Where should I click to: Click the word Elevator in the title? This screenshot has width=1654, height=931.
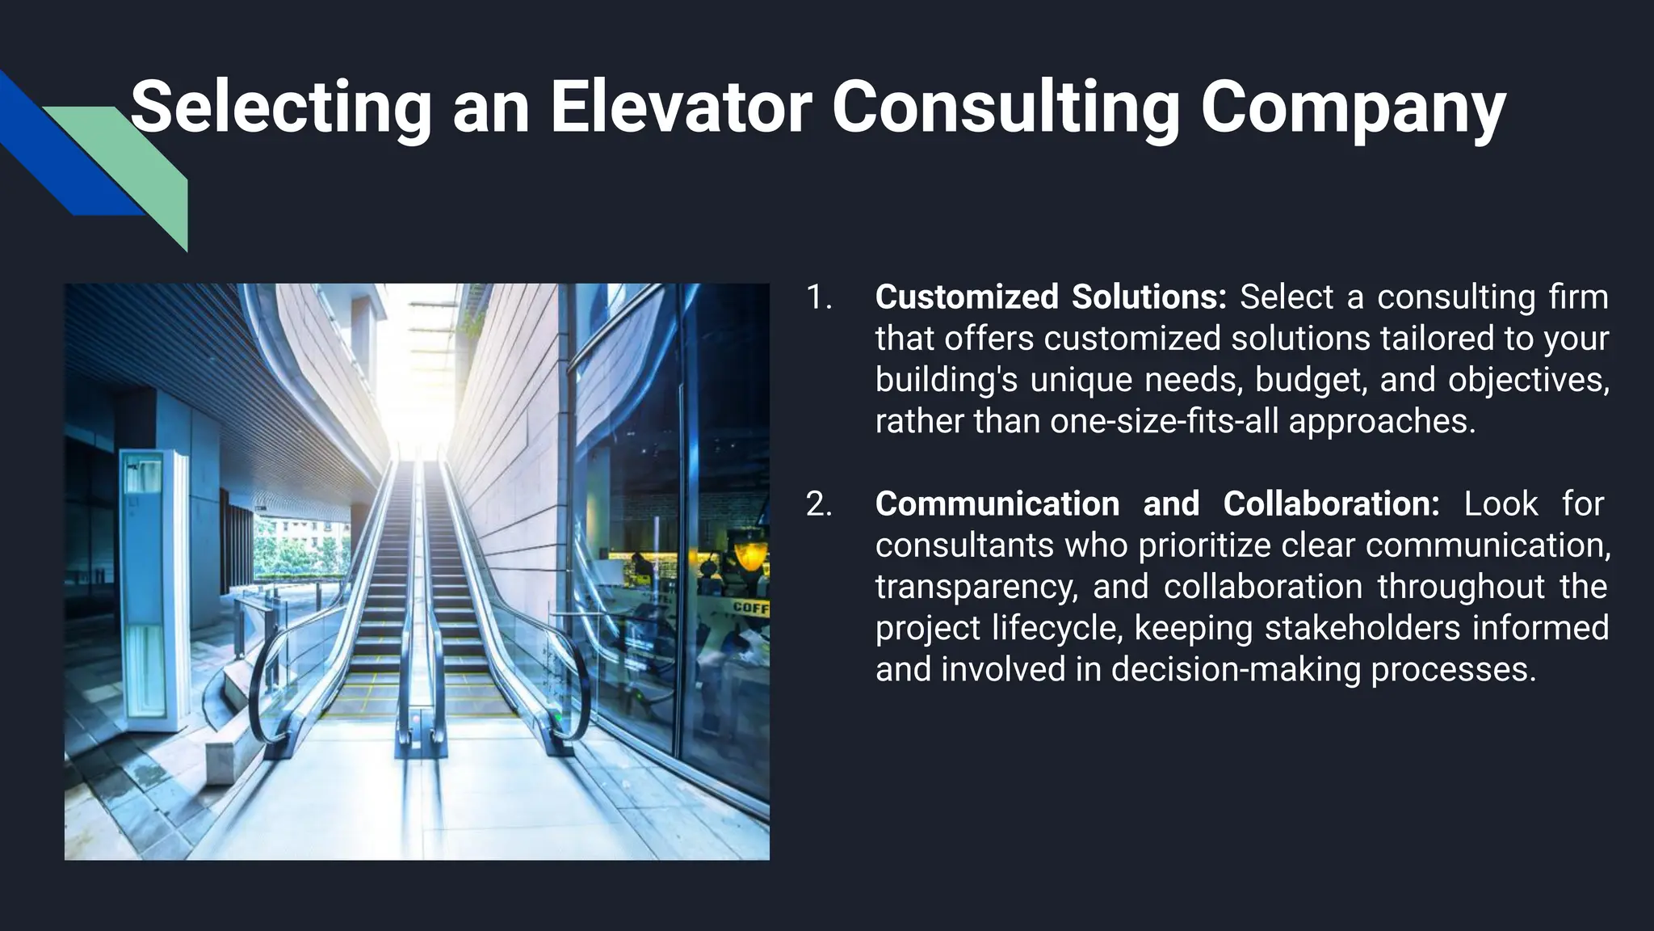(x=680, y=107)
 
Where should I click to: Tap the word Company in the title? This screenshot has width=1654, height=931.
(x=1353, y=109)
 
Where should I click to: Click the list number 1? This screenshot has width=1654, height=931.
(x=818, y=297)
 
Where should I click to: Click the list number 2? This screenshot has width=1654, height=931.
(x=818, y=504)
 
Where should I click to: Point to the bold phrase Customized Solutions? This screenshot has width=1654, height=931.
(x=1050, y=297)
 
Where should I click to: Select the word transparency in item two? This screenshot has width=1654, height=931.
(x=976, y=587)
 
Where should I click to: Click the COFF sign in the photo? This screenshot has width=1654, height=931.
(x=749, y=607)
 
